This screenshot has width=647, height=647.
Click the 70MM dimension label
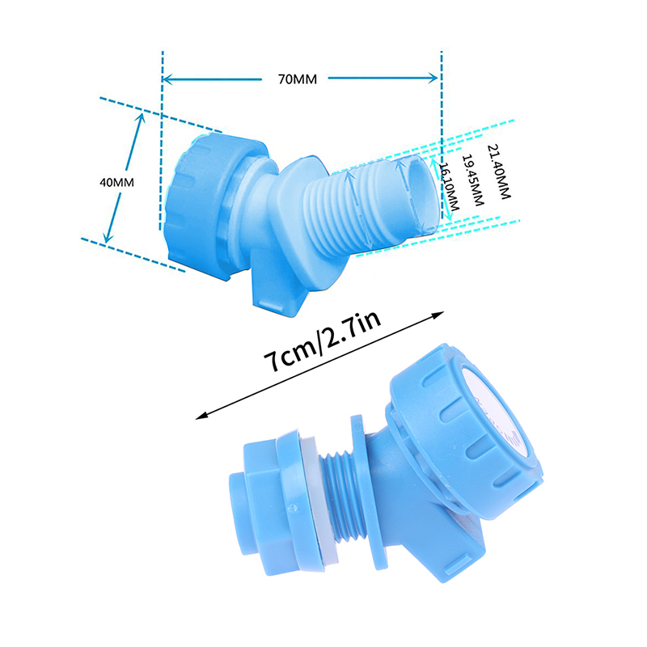[298, 78]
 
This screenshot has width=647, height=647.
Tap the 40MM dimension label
[116, 182]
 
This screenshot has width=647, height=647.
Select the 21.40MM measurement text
[499, 171]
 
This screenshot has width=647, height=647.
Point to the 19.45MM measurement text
[472, 180]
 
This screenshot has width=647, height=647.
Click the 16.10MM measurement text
[449, 187]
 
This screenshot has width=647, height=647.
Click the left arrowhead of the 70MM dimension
[167, 78]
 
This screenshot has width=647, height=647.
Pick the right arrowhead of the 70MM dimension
[433, 78]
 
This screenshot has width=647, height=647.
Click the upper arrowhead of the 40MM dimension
[141, 118]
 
